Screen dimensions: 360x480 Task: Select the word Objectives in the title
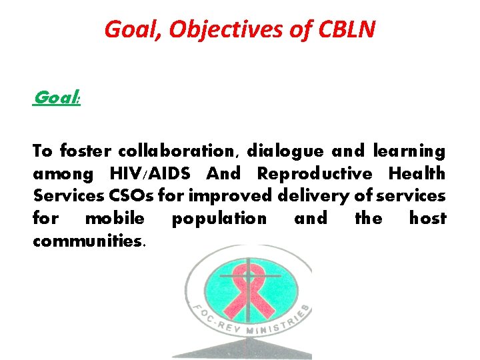(x=217, y=29)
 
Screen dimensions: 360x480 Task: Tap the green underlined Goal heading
(x=56, y=98)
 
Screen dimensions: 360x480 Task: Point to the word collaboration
(x=176, y=151)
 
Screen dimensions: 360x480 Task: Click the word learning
(x=409, y=151)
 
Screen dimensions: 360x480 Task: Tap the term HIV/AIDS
(x=149, y=174)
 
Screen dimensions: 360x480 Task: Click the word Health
(x=417, y=174)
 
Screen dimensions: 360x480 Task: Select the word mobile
(x=115, y=218)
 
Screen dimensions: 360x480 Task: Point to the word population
(x=219, y=218)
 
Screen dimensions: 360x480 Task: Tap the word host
(x=427, y=218)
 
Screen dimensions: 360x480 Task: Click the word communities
(x=89, y=240)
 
